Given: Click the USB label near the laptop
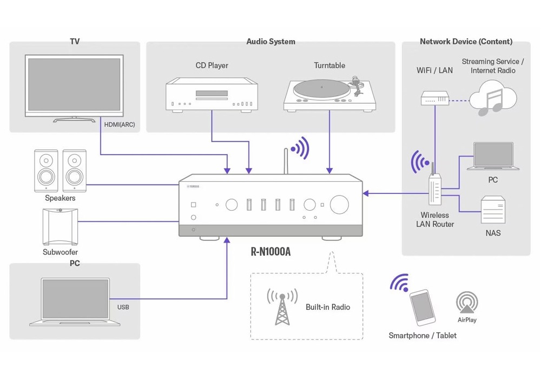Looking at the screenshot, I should (x=123, y=307).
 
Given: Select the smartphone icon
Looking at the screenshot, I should (x=422, y=308).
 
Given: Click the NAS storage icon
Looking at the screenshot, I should (x=493, y=210).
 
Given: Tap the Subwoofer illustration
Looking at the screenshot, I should (x=60, y=226).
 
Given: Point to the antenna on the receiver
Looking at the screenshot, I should (x=286, y=160).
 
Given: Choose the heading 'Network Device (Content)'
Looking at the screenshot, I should (x=466, y=42).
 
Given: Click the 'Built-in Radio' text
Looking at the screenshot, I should (x=327, y=307).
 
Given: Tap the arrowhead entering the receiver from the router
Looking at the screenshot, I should (x=366, y=192).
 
